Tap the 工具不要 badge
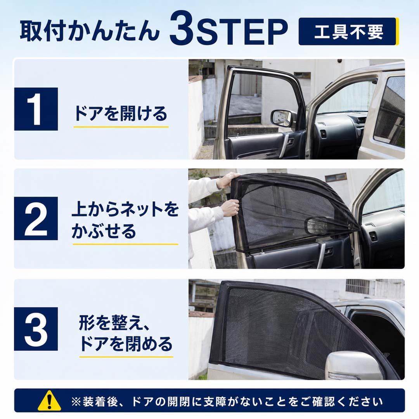coord(348,31)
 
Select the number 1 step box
coord(36,109)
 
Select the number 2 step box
coord(36,218)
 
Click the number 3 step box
coord(36,329)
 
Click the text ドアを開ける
coord(121,114)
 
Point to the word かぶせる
coord(104,231)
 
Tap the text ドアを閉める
coord(126,344)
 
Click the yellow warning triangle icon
coord(49,401)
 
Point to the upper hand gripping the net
coord(227,180)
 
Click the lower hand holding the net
coord(230,207)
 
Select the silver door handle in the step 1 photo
coord(284,145)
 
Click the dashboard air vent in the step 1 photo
coord(323,133)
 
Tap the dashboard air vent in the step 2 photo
coord(373,237)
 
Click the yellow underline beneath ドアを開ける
coord(121,126)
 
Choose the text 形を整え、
coord(114,322)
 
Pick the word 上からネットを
coord(125,209)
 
